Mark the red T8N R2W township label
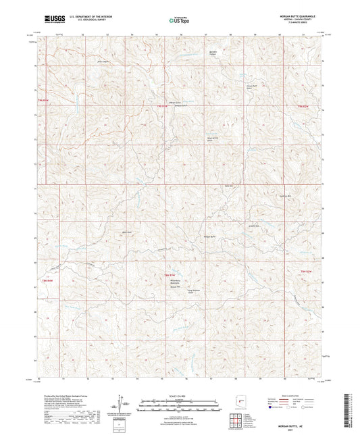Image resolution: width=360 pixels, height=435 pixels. tap(306, 272)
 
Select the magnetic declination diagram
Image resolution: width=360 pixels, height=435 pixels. tap(124, 405)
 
